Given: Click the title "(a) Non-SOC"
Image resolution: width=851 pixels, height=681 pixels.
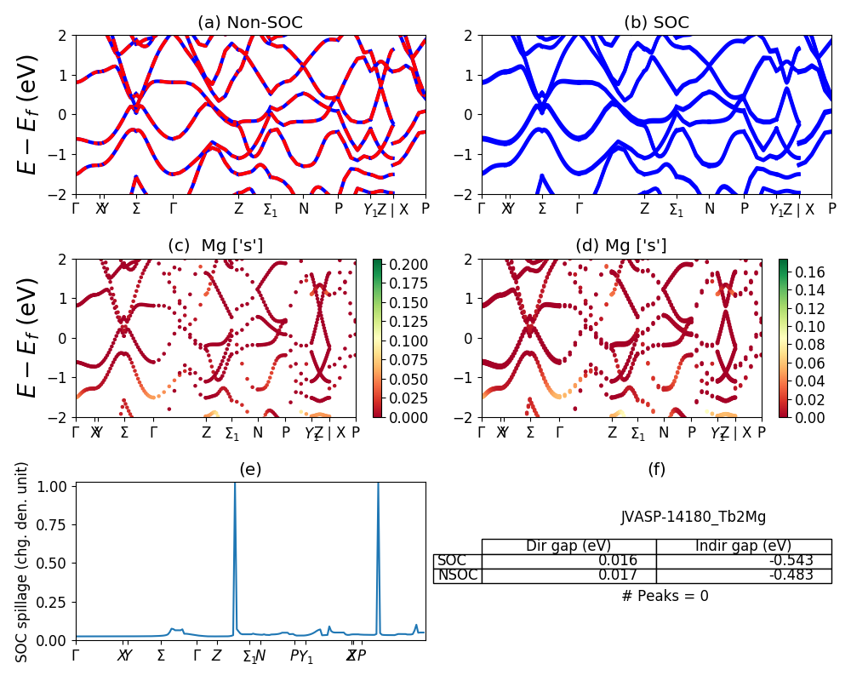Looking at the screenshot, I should pos(250,23).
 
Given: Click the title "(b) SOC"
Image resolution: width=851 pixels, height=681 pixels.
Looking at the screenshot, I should pos(656,23).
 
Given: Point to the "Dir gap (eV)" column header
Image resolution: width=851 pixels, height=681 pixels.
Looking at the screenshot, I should pos(568,546).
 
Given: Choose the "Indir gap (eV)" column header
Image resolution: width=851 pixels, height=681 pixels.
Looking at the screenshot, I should pos(743,546).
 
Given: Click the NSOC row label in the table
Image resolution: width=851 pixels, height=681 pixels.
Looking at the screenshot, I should pos(458,575).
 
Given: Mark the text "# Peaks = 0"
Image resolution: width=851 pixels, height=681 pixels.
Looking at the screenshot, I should pos(665,596).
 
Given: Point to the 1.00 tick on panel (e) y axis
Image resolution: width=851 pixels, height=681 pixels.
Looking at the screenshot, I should pos(56,486).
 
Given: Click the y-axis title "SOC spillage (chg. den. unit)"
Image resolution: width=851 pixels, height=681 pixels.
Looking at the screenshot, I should pos(23,562).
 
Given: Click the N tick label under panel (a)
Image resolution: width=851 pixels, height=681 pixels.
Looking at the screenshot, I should pos(303,209).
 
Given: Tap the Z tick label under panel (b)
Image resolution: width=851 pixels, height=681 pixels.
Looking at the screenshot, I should pos(644,209).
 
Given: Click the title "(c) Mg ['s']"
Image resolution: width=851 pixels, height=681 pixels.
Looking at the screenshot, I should pos(215,246).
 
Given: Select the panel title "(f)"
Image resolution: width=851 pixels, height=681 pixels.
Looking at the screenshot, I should pos(656,469).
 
